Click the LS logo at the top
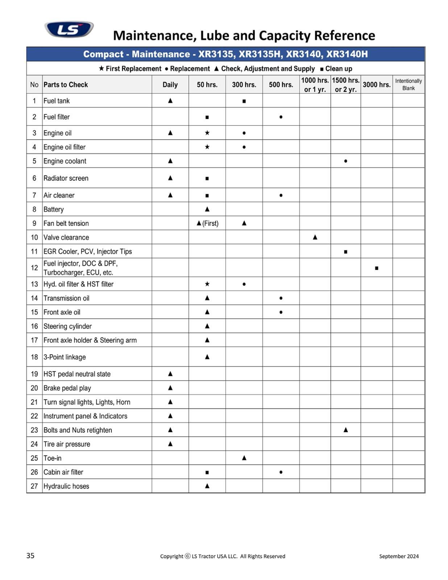pyautogui.click(x=69, y=29)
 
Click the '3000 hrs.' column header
pyautogui.click(x=377, y=84)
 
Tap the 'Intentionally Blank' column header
pyautogui.click(x=408, y=84)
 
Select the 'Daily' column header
pyautogui.click(x=170, y=84)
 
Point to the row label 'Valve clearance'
pyautogui.click(x=66, y=237)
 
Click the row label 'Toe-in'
pyautogui.click(x=53, y=458)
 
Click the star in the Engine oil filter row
pyautogui.click(x=207, y=147)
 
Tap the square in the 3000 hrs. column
pyautogui.click(x=377, y=268)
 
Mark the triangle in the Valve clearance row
pyautogui.click(x=315, y=237)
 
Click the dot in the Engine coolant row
pyautogui.click(x=345, y=161)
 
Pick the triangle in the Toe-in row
pyautogui.click(x=244, y=458)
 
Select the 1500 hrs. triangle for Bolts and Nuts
pyautogui.click(x=345, y=430)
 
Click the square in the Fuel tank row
pyautogui.click(x=244, y=101)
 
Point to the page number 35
pyautogui.click(x=30, y=556)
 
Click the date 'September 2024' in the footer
pyautogui.click(x=399, y=556)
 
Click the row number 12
pyautogui.click(x=34, y=268)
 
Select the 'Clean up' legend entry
pyautogui.click(x=336, y=69)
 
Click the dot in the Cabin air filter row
pyautogui.click(x=281, y=472)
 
